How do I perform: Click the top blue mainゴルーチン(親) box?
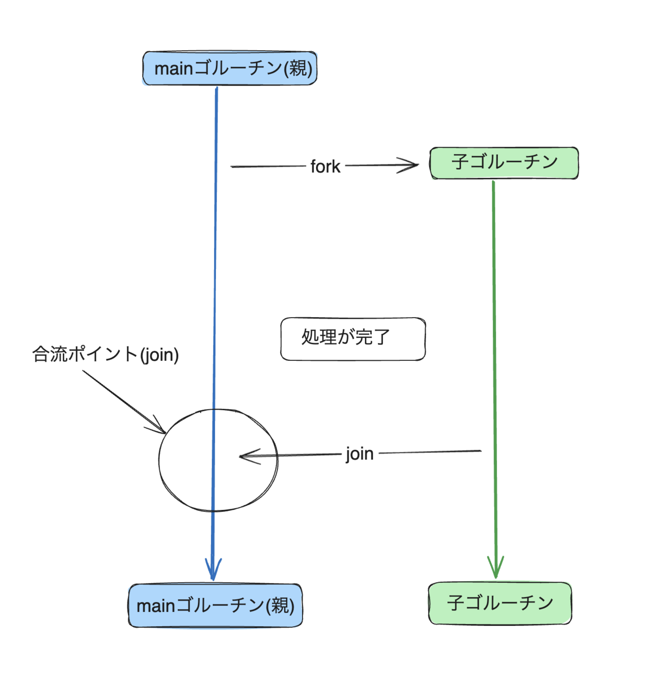coord(229,68)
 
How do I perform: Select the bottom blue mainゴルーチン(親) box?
coord(215,605)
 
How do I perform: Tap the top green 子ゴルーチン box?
coord(504,163)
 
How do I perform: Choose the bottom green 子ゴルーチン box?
coord(500,603)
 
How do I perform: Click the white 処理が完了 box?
coord(353,339)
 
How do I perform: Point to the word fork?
coord(325,167)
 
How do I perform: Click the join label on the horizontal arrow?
coord(359,454)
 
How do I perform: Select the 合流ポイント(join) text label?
coord(105,355)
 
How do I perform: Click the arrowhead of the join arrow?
coord(242,456)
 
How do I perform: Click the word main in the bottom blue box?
coord(156,606)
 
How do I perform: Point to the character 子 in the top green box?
coord(459,162)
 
